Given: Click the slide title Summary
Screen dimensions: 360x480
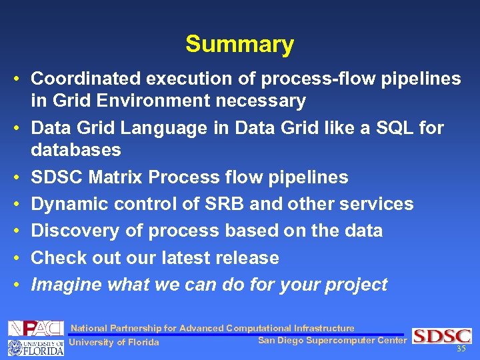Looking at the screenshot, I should click(x=239, y=44).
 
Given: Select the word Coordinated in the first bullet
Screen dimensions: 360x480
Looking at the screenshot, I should click(x=86, y=79).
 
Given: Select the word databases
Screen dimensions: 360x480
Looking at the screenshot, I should click(x=76, y=150).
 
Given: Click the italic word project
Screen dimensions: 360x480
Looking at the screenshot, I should click(x=356, y=285).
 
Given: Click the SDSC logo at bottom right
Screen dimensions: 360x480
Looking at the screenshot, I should click(x=441, y=336).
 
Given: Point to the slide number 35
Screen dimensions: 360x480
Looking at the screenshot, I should click(x=461, y=349).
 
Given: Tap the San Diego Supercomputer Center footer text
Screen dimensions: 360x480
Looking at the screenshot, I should click(x=331, y=341).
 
